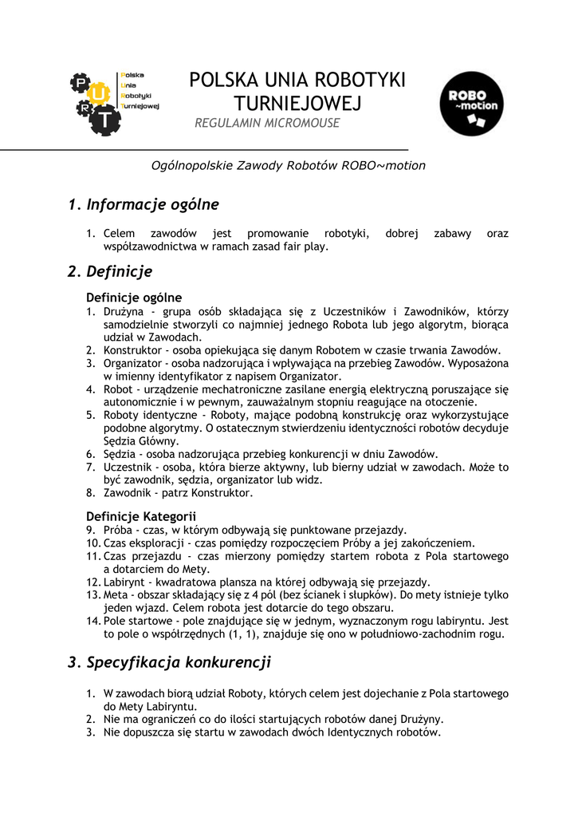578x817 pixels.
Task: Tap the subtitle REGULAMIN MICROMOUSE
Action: tap(267, 124)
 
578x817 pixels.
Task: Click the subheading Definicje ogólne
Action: tap(134, 298)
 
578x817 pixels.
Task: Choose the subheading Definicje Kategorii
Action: tap(141, 516)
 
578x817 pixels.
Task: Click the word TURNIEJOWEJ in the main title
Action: tap(297, 103)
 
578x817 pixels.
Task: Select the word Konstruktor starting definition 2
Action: tap(134, 350)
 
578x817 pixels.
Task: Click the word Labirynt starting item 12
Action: tap(126, 582)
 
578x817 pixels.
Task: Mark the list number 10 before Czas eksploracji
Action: tap(92, 543)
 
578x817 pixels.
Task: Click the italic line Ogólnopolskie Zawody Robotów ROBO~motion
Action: tap(289, 166)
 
